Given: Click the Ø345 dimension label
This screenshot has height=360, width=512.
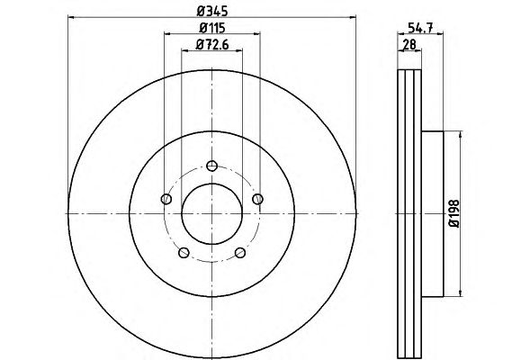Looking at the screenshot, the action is point(212,11).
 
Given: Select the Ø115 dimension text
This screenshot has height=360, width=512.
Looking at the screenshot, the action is point(212,28).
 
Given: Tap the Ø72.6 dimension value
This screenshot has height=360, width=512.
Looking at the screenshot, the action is point(212,44).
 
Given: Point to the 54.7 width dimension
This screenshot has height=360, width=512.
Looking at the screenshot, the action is point(420,27).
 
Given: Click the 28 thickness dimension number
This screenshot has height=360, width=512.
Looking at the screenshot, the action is point(409,44).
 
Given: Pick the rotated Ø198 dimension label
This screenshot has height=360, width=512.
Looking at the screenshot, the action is point(454,213).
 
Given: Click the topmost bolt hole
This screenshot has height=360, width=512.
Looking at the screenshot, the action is point(212,166).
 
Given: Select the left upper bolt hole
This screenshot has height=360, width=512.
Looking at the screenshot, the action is point(166,199).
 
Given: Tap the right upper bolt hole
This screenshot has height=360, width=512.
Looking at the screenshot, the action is point(258,199).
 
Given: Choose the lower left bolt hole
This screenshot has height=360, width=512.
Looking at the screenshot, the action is point(184,253).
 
